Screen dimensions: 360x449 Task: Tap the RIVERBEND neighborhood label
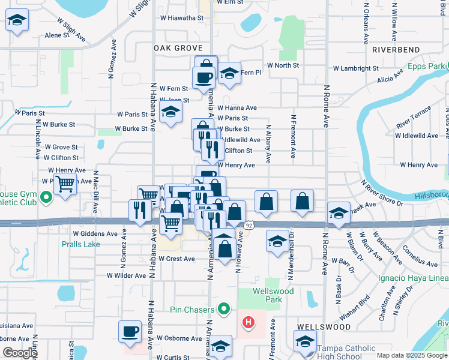coord(394,50)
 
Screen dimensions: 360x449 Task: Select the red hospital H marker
coord(248,323)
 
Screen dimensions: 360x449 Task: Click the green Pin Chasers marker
coord(224,310)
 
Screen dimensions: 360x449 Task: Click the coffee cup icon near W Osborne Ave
coord(130,331)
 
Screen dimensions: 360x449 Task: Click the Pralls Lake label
coord(80,244)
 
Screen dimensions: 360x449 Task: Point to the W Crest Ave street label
coord(176,259)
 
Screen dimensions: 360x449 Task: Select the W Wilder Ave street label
coord(127,275)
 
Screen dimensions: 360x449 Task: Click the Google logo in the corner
coord(20,353)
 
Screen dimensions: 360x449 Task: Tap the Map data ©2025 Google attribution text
coord(412,355)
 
